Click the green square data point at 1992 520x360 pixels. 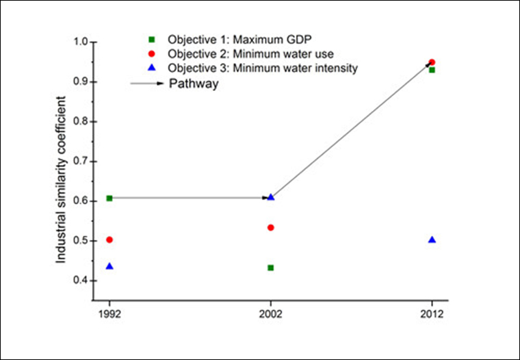point(109,198)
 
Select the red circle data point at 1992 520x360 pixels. point(109,240)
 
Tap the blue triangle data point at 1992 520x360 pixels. point(109,266)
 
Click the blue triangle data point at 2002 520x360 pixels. point(271,197)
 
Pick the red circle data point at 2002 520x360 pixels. point(271,227)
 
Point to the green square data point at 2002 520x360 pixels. point(271,268)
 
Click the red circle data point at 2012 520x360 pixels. point(432,62)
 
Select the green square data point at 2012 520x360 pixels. point(432,70)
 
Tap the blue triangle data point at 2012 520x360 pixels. point(432,240)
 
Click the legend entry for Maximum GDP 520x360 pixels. point(226,40)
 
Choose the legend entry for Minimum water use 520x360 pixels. point(233,54)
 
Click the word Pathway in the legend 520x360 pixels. point(196,84)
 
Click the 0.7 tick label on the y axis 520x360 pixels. point(80,162)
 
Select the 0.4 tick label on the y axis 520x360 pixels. point(80,281)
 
